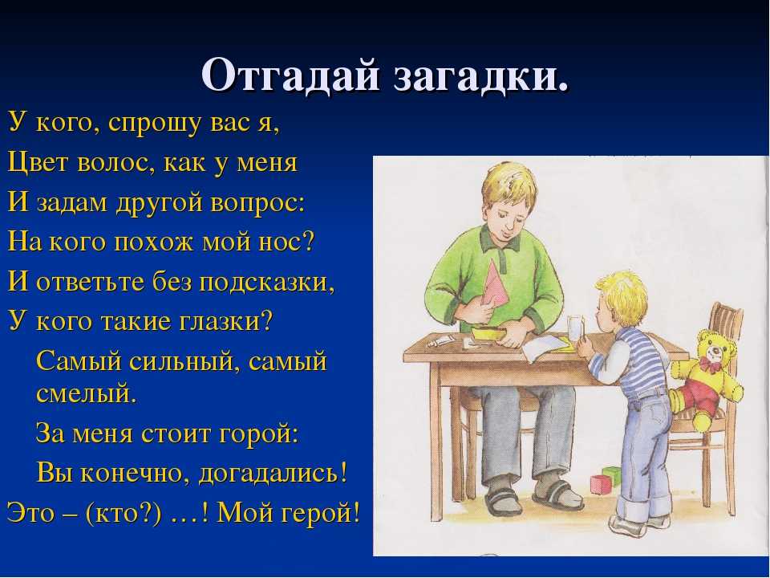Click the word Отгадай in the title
290,75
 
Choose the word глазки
221,323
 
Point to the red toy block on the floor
601,485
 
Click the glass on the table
575,329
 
